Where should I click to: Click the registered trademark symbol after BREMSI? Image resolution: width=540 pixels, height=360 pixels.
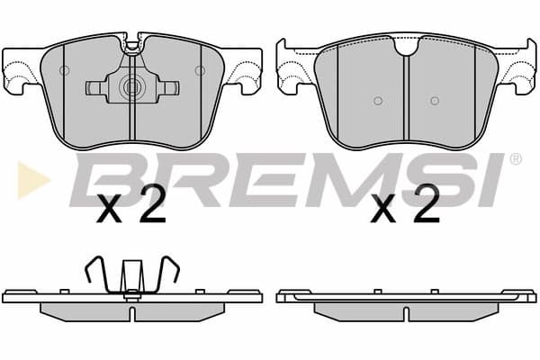pyautogui.click(x=515, y=158)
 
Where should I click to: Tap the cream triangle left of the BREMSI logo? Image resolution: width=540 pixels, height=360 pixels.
pyautogui.click(x=31, y=180)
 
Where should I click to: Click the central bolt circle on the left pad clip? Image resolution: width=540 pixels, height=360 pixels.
pyautogui.click(x=131, y=86)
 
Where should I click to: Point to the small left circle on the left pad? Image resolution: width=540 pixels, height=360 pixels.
pyautogui.click(x=64, y=70)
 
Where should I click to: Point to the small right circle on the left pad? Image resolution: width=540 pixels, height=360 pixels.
pyautogui.click(x=200, y=70)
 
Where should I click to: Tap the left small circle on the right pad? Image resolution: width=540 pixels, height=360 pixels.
pyautogui.click(x=378, y=101)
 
